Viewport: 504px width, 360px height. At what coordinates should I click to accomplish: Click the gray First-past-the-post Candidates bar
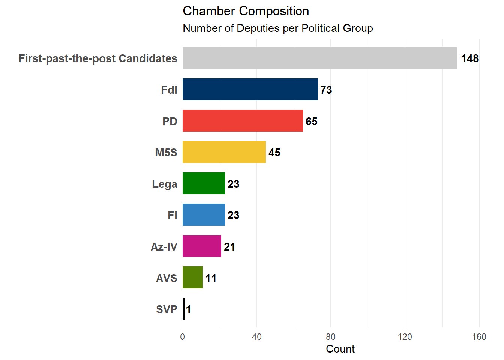[x=320, y=58]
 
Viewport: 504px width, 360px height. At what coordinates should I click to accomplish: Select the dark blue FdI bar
[x=250, y=89]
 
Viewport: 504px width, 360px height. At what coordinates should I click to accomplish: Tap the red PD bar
[x=243, y=121]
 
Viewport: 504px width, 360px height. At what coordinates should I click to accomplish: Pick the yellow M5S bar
[x=224, y=152]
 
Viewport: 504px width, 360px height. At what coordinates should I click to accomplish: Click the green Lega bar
[x=204, y=183]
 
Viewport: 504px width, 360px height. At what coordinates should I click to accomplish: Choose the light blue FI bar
[x=204, y=214]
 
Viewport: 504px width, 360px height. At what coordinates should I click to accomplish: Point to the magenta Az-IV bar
[x=202, y=246]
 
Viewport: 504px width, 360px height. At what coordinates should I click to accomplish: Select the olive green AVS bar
[x=193, y=277]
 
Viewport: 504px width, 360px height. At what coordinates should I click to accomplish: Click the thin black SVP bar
[x=184, y=309]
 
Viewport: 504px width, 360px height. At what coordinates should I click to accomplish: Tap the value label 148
[x=470, y=58]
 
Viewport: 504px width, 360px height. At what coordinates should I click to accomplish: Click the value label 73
[x=326, y=90]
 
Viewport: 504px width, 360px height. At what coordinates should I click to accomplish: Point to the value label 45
[x=274, y=153]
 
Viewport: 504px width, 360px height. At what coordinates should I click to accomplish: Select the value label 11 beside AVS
[x=211, y=278]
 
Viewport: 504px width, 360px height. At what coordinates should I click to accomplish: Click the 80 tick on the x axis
[x=331, y=337]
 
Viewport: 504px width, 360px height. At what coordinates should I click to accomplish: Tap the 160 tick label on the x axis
[x=479, y=337]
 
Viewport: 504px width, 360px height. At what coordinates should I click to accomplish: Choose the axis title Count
[x=340, y=349]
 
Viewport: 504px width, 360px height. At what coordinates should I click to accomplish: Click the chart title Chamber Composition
[x=246, y=11]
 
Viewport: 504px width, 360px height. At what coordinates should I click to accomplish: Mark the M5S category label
[x=166, y=153]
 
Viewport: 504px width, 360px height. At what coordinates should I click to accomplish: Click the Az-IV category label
[x=164, y=247]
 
